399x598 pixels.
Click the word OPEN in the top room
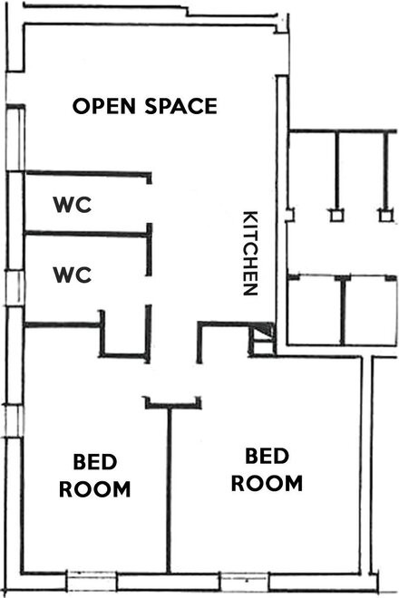coord(104,106)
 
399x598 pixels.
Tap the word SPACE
coord(181,106)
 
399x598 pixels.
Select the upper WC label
coord(73,205)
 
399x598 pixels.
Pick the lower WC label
coord(73,275)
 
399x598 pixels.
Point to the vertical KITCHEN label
coord(251,253)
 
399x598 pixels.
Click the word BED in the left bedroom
coord(95,462)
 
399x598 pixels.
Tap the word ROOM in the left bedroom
coord(95,489)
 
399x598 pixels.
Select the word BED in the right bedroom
coord(267,456)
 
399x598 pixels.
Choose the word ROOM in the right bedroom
coord(267,483)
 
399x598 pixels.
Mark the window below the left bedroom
coord(92,581)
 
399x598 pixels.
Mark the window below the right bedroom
coord(245,581)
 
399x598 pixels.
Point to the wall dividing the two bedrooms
coord(169,490)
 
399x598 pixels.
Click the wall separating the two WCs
coord(87,234)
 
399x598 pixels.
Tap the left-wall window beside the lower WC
coord(15,287)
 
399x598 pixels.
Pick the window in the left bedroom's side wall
coord(14,420)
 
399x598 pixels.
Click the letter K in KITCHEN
coord(251,217)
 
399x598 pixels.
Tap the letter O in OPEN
coord(81,106)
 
